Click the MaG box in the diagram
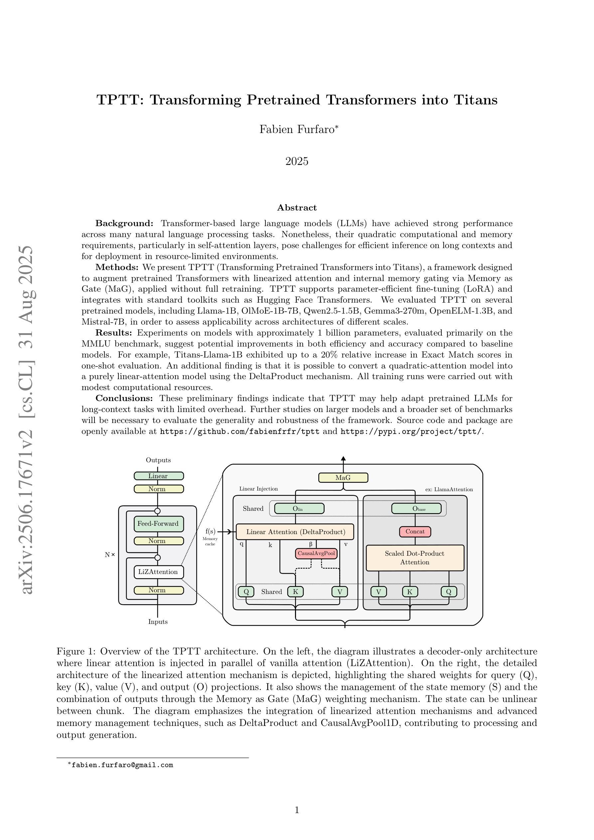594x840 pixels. coord(343,478)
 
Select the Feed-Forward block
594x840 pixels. coord(158,523)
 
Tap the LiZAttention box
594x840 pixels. coord(158,572)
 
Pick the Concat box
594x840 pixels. coord(415,532)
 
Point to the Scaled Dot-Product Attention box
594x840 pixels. coord(415,558)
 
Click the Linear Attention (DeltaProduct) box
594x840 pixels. coord(295,532)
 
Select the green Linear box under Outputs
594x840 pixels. coord(158,476)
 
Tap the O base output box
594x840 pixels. coord(416,508)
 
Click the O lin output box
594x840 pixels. coord(299,508)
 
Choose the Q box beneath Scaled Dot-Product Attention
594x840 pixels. coord(449,592)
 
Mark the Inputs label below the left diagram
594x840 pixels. coord(158,622)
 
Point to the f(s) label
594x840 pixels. coord(211,531)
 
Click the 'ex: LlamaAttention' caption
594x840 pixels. coord(449,490)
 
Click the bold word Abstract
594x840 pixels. coord(297,208)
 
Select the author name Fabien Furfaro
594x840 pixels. coord(297,129)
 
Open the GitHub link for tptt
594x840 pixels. coord(240,431)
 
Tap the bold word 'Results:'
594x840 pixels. coord(113,333)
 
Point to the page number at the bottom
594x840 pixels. coord(297,810)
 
